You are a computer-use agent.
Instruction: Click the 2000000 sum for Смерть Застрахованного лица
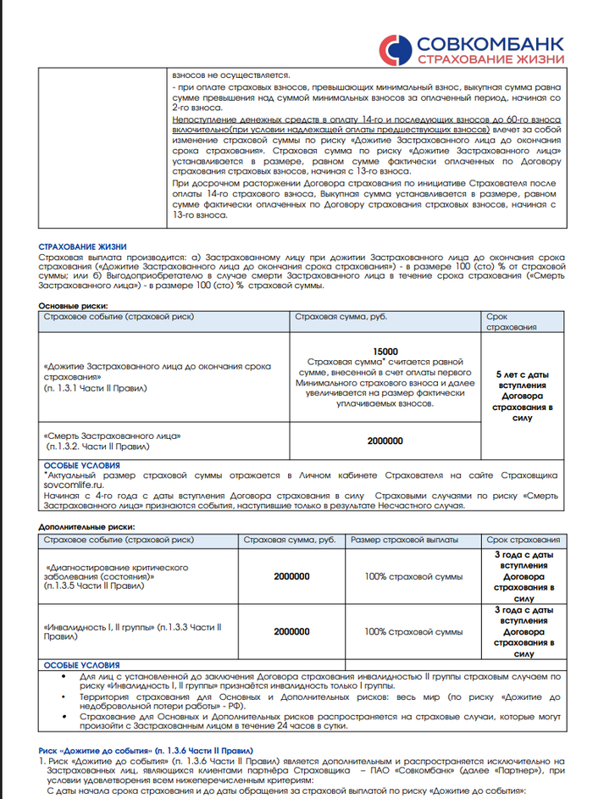[385, 441]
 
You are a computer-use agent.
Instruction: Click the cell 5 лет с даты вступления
[523, 378]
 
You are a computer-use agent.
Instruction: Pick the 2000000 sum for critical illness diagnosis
[291, 576]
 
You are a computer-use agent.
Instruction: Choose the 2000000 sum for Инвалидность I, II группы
[291, 631]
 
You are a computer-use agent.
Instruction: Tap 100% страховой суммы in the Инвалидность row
[413, 631]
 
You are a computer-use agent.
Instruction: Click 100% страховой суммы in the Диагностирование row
[413, 576]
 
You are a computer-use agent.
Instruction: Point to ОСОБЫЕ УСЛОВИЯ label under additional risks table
[82, 666]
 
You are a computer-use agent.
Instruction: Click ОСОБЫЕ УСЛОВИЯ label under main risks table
[82, 465]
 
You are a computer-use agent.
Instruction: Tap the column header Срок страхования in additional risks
[523, 539]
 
